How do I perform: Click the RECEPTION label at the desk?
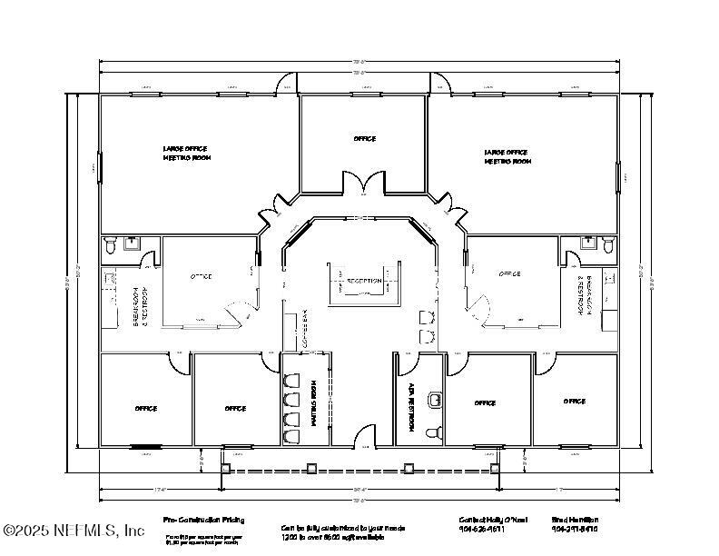[x=364, y=282]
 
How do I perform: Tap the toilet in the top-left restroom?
[x=110, y=244]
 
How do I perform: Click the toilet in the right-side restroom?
[x=609, y=244]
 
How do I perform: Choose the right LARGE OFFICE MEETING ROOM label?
[x=507, y=157]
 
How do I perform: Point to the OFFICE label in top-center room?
[x=364, y=139]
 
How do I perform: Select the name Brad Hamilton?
[x=575, y=520]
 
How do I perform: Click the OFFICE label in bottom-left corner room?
[x=145, y=409]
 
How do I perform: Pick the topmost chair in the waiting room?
[x=292, y=379]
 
